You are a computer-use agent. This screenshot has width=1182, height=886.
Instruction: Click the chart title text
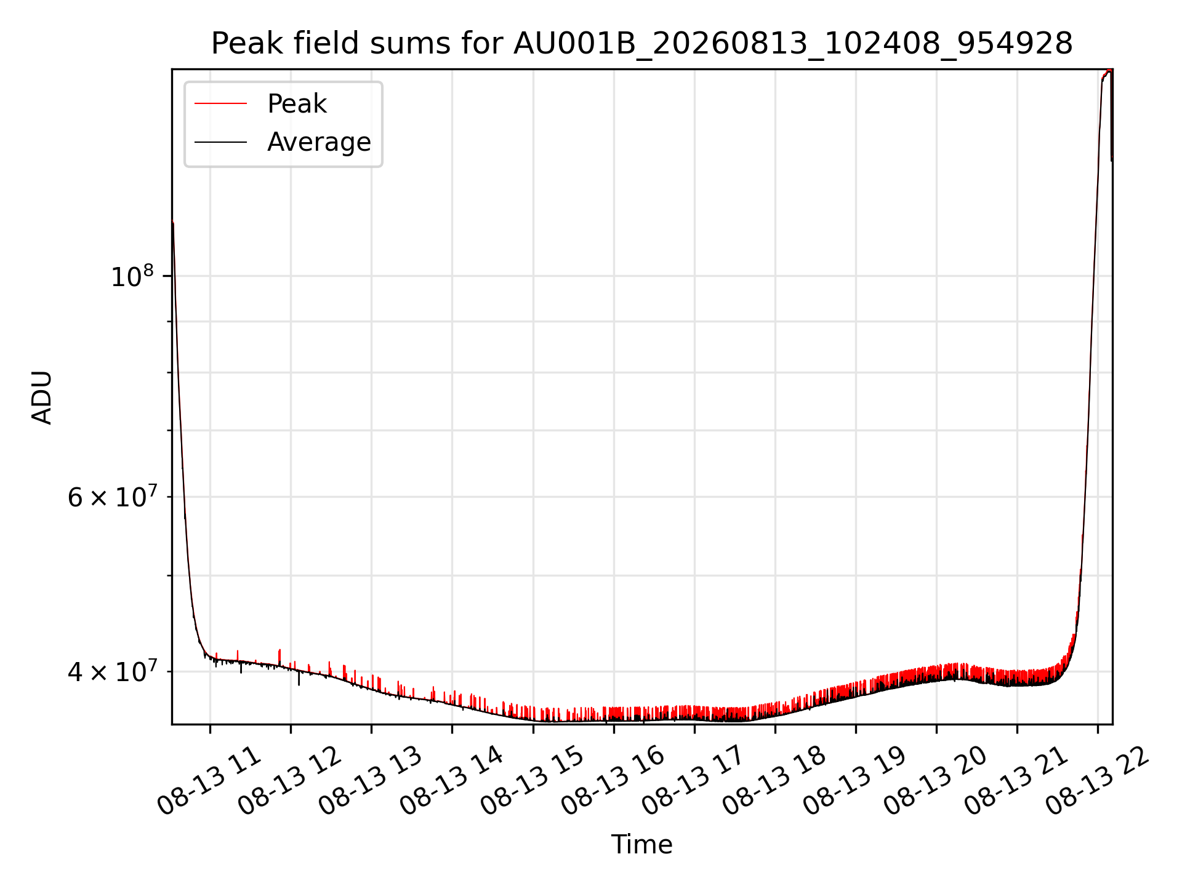pos(641,44)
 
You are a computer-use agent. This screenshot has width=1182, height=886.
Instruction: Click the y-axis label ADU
pos(42,397)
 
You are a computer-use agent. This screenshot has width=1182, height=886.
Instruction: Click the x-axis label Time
pos(641,844)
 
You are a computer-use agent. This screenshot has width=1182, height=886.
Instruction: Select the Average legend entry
pos(283,142)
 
